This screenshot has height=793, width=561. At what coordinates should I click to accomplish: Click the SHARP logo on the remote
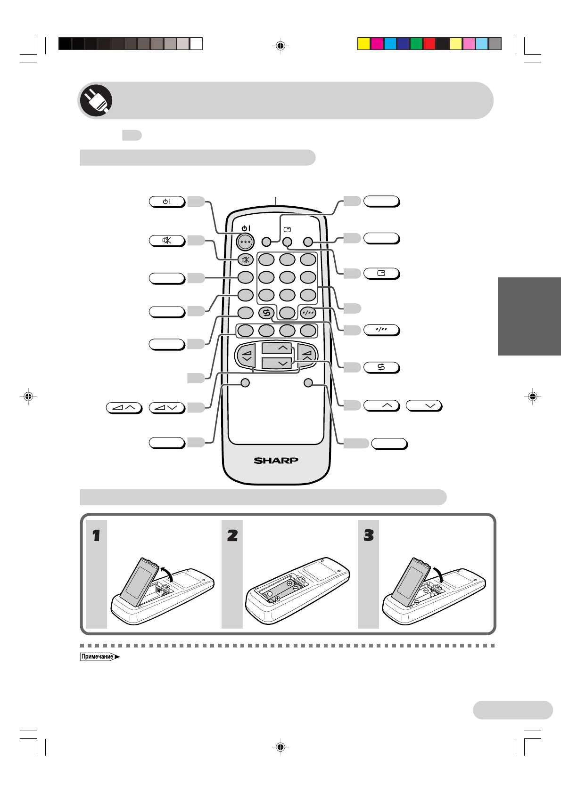click(x=276, y=460)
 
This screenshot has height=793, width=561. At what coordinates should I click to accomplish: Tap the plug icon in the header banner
click(x=96, y=100)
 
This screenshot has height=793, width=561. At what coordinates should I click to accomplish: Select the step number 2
click(x=232, y=535)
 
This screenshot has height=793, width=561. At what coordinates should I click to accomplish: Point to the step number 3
click(x=369, y=535)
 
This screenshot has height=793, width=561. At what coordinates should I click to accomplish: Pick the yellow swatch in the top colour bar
click(x=363, y=44)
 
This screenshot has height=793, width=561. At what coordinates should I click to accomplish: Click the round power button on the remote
click(x=245, y=242)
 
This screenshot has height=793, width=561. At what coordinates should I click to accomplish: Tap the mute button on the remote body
click(x=246, y=259)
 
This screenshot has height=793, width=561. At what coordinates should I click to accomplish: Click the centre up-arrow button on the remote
click(x=277, y=348)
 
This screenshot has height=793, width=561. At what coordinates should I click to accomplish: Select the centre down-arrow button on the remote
click(x=277, y=363)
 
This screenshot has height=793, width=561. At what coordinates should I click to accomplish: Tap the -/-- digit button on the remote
click(x=308, y=312)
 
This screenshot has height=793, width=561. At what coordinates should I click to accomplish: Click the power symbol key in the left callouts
click(x=167, y=202)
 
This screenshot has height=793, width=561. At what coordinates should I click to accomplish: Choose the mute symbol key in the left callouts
click(x=167, y=241)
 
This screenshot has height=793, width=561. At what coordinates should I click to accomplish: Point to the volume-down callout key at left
click(x=167, y=407)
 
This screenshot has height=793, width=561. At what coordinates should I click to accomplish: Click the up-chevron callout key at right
click(x=381, y=405)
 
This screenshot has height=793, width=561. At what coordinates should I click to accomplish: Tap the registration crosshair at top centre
click(x=280, y=46)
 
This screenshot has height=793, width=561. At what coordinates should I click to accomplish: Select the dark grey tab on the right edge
click(x=529, y=316)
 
